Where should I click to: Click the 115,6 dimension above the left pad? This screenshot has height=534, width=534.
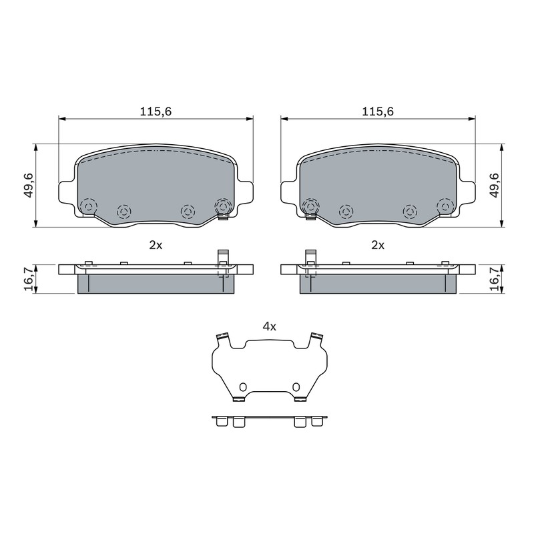pos(156,111)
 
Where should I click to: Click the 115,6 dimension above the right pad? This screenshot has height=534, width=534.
pos(377,111)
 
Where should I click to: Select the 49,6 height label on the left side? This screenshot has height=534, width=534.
pos(29,185)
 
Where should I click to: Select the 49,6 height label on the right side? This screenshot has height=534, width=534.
pos(494,185)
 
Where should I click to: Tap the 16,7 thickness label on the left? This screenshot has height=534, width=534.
pos(29,278)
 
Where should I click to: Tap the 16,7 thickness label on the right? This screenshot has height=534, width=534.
pos(494,278)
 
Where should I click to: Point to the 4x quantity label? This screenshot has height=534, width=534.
pos(269,327)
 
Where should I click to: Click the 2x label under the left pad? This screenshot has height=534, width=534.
pos(156,245)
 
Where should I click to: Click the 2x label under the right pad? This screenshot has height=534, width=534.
pos(377,245)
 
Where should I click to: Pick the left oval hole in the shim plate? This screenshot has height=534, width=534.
pos(242,387)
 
